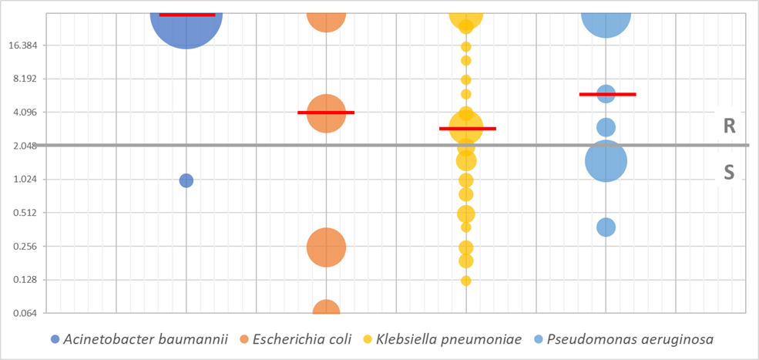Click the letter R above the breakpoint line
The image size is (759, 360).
pyautogui.click(x=729, y=126)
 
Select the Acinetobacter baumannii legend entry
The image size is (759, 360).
pyautogui.click(x=139, y=339)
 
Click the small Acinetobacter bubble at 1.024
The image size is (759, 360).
pyautogui.click(x=186, y=180)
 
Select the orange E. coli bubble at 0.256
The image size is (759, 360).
pyautogui.click(x=326, y=247)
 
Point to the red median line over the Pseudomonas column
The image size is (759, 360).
pyautogui.click(x=607, y=94)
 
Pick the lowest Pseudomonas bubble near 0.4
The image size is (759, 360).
pyautogui.click(x=606, y=227)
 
